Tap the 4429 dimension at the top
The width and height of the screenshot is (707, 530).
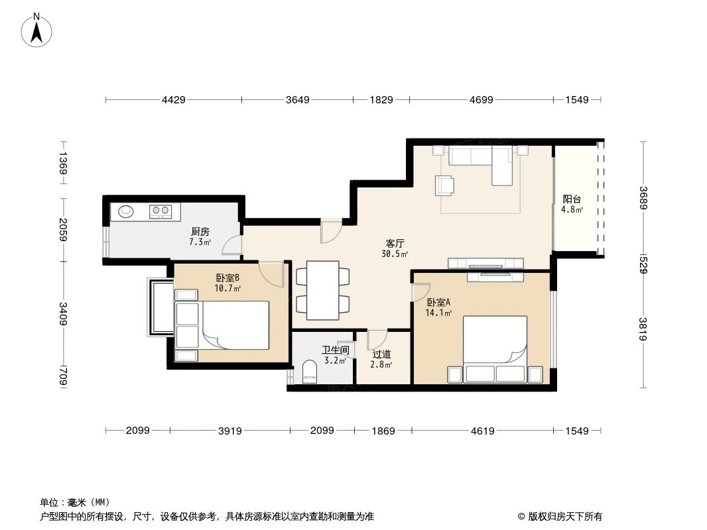(174, 100)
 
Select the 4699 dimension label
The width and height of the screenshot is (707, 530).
(481, 100)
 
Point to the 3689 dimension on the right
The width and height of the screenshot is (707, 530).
(642, 197)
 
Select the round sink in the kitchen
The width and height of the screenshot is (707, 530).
(126, 212)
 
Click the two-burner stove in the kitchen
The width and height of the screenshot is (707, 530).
(160, 211)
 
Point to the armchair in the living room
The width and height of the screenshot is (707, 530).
(445, 185)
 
